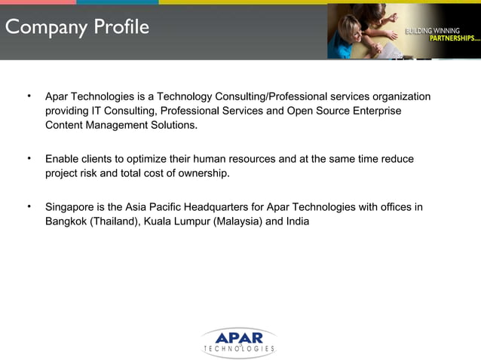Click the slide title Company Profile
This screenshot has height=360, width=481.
pos(77,28)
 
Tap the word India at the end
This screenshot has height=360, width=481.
pos(296,221)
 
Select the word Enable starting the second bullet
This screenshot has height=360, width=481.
pos(63,159)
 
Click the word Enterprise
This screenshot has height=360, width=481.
pos(378,111)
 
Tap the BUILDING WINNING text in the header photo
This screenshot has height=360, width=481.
pos(433,31)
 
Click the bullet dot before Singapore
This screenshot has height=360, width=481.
pos(28,206)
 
